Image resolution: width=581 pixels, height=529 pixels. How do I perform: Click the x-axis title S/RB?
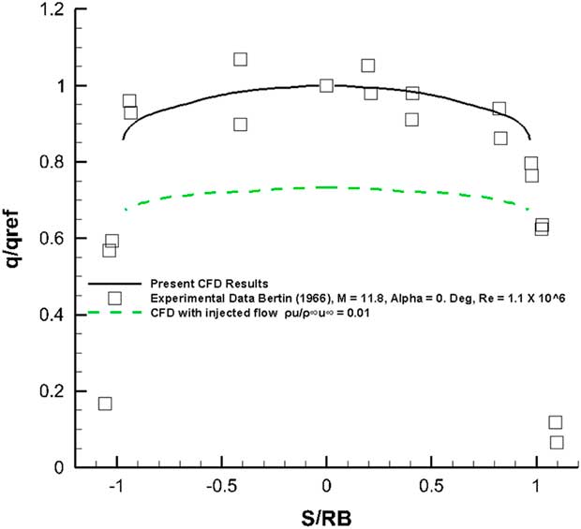click(x=326, y=514)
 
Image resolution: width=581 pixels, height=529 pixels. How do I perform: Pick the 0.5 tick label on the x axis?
click(x=431, y=487)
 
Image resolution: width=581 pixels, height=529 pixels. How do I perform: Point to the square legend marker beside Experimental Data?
click(x=114, y=298)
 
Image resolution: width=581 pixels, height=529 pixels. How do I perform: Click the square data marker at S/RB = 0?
click(x=326, y=85)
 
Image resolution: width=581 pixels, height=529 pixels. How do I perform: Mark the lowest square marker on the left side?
click(x=105, y=404)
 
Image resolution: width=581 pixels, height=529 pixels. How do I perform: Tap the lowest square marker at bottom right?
click(x=557, y=442)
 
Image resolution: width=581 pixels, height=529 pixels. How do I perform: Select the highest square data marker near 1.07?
click(x=241, y=59)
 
